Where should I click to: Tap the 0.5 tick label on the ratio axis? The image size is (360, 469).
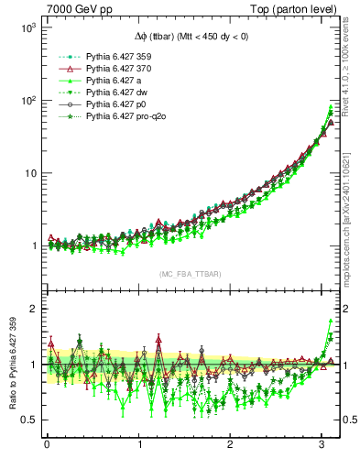26,420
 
